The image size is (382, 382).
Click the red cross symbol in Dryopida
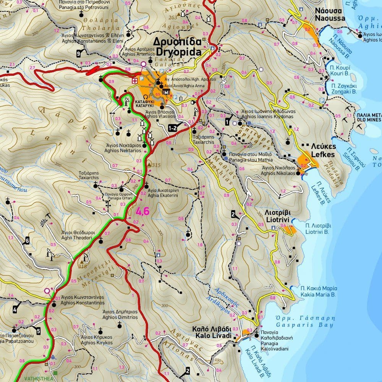[134, 81]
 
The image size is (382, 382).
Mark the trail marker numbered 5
[38, 331]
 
